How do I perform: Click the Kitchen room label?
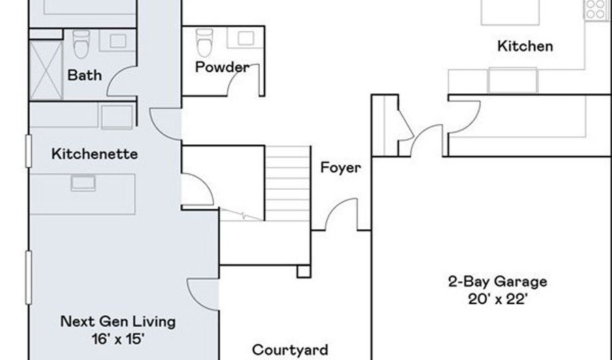coord(525,46)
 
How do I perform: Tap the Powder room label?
coord(222,67)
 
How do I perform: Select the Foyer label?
coord(341,167)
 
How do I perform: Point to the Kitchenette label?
coord(95,154)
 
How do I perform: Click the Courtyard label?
coord(290,350)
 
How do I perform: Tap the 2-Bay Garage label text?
coord(498,282)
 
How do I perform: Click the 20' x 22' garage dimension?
coord(498,299)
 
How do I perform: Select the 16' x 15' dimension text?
coord(118,339)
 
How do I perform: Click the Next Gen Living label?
coord(118,322)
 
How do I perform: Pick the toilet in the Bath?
coord(81,44)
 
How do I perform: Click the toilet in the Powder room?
coord(204,43)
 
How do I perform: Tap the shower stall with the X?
coord(46,71)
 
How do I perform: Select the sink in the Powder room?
coord(246,38)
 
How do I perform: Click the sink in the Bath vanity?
coord(118,41)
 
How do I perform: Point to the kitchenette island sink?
coord(83,183)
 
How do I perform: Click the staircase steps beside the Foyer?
coord(288,184)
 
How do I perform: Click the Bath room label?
coord(85,75)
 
